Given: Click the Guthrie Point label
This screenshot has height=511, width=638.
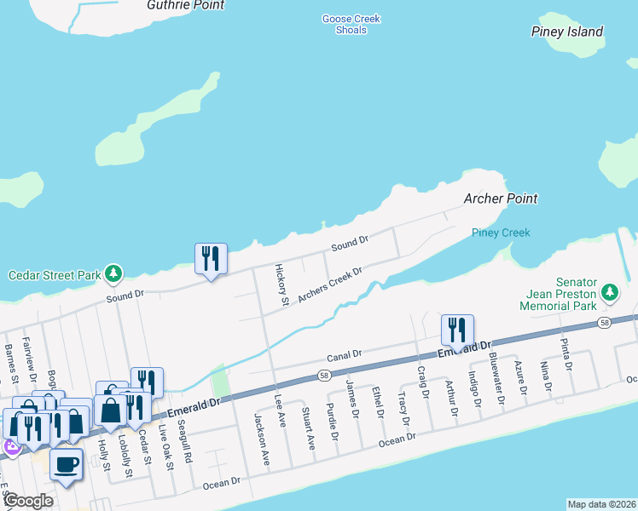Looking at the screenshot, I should pyautogui.click(x=185, y=5).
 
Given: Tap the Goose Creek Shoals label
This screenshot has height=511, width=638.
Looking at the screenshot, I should pyautogui.click(x=351, y=24).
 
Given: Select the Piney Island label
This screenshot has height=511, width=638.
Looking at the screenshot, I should pyautogui.click(x=566, y=32).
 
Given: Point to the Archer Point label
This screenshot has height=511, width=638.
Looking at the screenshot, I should pyautogui.click(x=501, y=198).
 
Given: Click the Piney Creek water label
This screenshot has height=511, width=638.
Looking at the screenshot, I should pyautogui.click(x=501, y=233).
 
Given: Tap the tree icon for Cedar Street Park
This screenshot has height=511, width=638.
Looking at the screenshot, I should pyautogui.click(x=113, y=274).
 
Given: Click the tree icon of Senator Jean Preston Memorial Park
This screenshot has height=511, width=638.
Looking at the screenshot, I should pyautogui.click(x=609, y=292).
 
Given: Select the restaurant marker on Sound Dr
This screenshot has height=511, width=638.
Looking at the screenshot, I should pyautogui.click(x=211, y=257).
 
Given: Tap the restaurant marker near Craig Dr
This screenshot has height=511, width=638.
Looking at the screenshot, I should pyautogui.click(x=457, y=329).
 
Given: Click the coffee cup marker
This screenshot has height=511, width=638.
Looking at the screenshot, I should pyautogui.click(x=66, y=464).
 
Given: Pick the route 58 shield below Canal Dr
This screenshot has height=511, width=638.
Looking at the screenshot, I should pyautogui.click(x=324, y=375).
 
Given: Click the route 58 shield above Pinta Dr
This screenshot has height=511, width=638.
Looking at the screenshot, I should pyautogui.click(x=604, y=323).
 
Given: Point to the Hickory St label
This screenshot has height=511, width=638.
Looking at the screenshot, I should pyautogui.click(x=280, y=284).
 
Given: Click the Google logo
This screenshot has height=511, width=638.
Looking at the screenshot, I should pyautogui.click(x=27, y=501).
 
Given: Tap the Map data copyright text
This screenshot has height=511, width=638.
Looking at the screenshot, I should pyautogui.click(x=600, y=503).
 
